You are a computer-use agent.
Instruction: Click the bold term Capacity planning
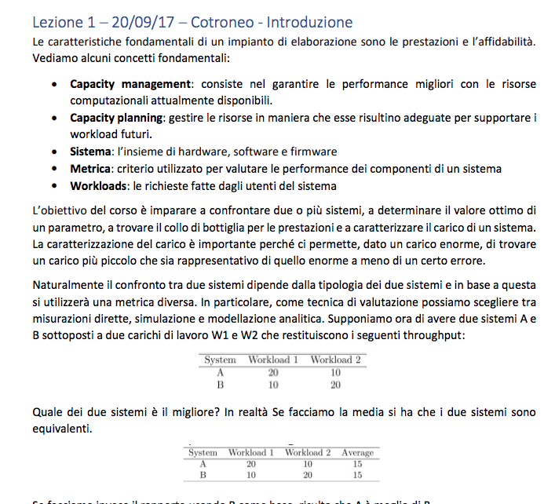coord(116,118)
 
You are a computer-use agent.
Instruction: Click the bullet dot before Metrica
coord(52,170)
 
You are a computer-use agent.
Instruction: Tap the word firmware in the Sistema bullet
coord(313,152)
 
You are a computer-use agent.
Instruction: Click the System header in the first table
coord(220,360)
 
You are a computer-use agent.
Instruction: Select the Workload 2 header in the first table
coord(335,360)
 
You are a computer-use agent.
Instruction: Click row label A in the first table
coord(221,372)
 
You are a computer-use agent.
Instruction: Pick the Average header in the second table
coord(358,453)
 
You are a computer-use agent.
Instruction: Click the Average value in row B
coord(358,475)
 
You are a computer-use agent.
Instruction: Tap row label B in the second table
coord(203,475)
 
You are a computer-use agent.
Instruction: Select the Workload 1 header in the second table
coord(250,453)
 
